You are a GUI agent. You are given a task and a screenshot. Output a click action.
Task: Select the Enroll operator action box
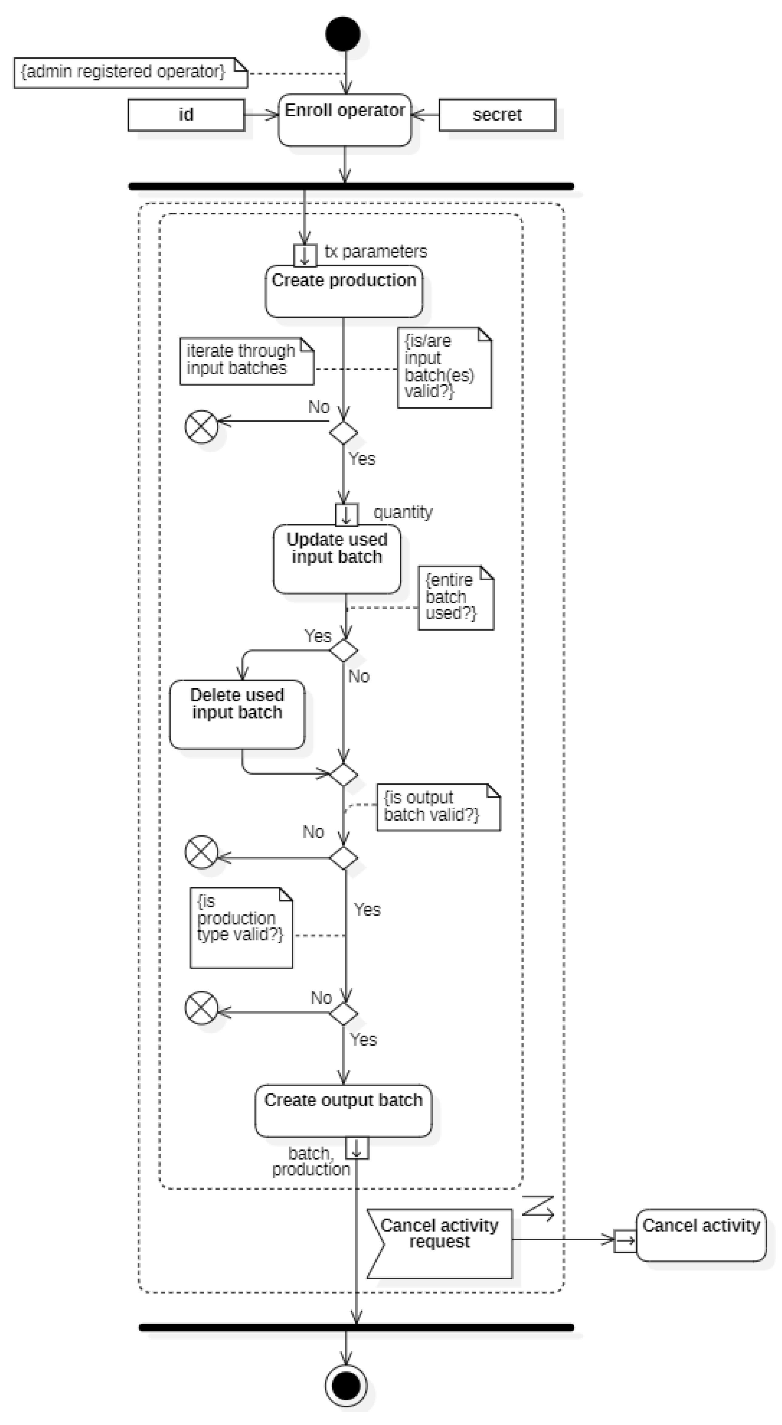[345, 120]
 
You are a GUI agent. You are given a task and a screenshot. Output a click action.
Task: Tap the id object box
[186, 115]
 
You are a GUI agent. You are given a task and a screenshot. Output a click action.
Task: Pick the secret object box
[497, 115]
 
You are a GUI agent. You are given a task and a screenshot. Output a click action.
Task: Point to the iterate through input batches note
[246, 361]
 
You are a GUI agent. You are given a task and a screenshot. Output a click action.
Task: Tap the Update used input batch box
[337, 559]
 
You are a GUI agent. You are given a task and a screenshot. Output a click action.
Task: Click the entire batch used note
[455, 598]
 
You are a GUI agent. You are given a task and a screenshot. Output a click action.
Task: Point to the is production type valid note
[241, 928]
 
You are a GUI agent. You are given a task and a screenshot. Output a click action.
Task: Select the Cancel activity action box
[701, 1235]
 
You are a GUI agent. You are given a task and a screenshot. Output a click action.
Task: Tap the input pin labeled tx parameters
[305, 255]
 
